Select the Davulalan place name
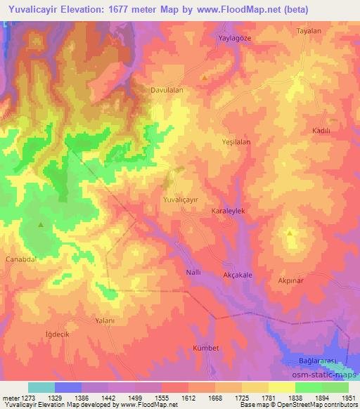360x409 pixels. click(167, 91)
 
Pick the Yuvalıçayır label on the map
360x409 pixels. click(184, 200)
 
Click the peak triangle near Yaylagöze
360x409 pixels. click(205, 77)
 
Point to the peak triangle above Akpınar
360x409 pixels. click(290, 233)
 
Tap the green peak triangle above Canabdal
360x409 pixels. click(41, 225)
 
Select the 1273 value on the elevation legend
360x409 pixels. click(23, 398)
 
